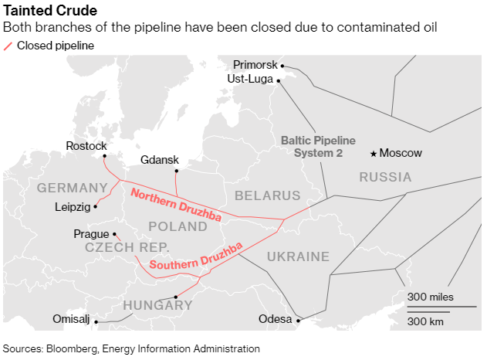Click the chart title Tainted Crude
click(x=51, y=11)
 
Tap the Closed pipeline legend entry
click(x=55, y=46)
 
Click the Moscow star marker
click(x=374, y=153)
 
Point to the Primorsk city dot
click(x=282, y=66)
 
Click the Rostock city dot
click(x=104, y=154)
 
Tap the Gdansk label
click(x=160, y=160)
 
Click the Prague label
click(x=91, y=233)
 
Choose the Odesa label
click(x=276, y=319)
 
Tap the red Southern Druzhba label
click(x=196, y=256)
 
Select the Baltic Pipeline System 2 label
click(x=318, y=147)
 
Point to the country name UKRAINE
click(x=297, y=256)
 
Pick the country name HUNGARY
click(x=157, y=305)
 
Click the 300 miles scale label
click(x=431, y=297)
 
